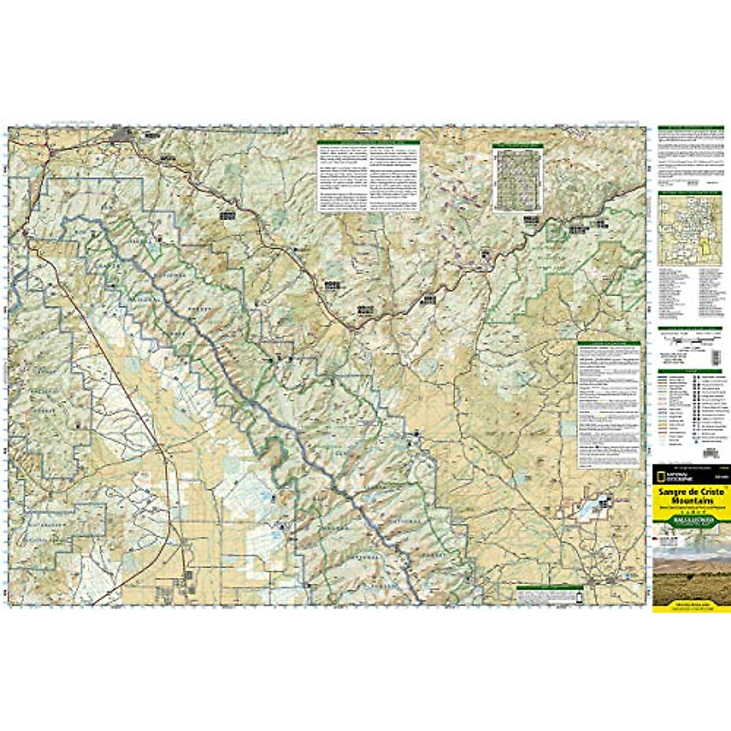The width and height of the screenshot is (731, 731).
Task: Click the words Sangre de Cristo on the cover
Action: click(690, 491)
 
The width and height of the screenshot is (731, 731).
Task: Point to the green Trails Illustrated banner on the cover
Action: click(690, 521)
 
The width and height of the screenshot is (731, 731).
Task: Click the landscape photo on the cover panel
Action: click(690, 570)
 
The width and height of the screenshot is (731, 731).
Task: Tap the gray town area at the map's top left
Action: click(129, 134)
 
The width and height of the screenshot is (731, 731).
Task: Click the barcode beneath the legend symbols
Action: click(708, 454)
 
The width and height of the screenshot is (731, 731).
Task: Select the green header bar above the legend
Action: click(690, 372)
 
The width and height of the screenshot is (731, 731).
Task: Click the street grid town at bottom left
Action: click(183, 585)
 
